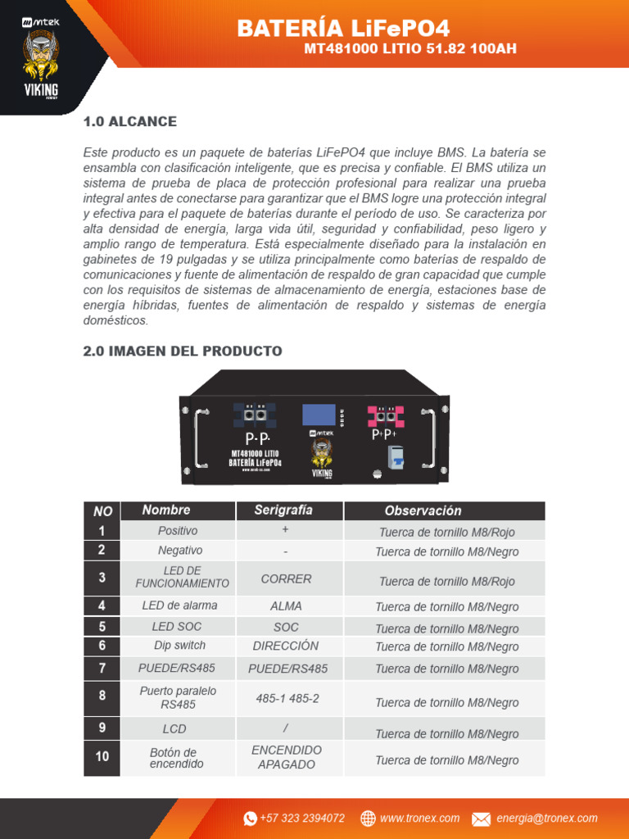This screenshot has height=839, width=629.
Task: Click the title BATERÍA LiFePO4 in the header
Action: pyautogui.click(x=343, y=29)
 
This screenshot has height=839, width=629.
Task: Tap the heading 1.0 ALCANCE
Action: pyautogui.click(x=130, y=122)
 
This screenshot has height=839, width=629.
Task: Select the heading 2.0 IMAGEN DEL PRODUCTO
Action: pyautogui.click(x=183, y=351)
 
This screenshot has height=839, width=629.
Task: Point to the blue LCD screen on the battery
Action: pyautogui.click(x=319, y=415)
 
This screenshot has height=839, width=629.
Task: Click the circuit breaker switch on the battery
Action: pyautogui.click(x=398, y=459)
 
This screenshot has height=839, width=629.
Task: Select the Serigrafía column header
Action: pyautogui.click(x=283, y=510)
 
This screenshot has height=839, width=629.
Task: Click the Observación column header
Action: pyautogui.click(x=423, y=511)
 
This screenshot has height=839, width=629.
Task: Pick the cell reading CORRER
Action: pyautogui.click(x=286, y=579)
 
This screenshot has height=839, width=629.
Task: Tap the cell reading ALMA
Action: pyautogui.click(x=286, y=606)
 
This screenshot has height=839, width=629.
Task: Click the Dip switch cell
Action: pyautogui.click(x=179, y=646)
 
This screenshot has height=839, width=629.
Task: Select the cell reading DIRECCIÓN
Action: pyautogui.click(x=286, y=646)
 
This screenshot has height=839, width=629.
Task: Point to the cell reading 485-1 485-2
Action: pyautogui.click(x=287, y=699)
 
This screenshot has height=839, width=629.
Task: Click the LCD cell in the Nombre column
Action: pyautogui.click(x=174, y=728)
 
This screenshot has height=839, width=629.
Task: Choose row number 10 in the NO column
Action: pyautogui.click(x=102, y=756)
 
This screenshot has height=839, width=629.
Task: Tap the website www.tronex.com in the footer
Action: pyautogui.click(x=419, y=819)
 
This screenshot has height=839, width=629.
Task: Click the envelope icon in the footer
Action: pyautogui.click(x=481, y=819)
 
